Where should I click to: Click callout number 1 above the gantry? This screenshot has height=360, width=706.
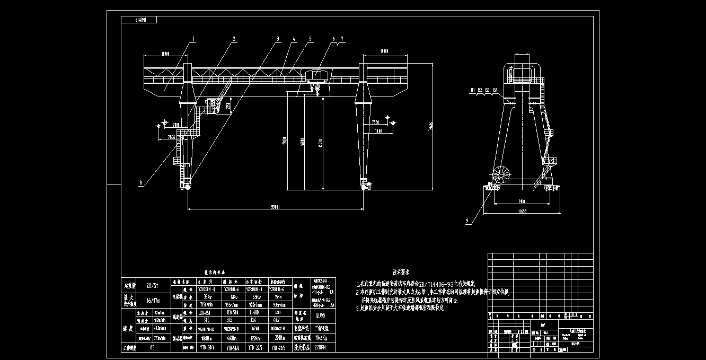194,39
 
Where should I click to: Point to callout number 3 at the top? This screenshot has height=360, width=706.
277,39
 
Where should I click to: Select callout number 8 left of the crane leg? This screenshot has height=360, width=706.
140,183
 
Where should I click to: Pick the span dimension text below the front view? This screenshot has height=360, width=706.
274,206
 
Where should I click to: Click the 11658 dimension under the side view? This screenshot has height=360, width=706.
523,211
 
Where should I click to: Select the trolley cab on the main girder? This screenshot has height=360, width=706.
316,74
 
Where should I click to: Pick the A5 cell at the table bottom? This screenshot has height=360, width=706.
152,348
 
